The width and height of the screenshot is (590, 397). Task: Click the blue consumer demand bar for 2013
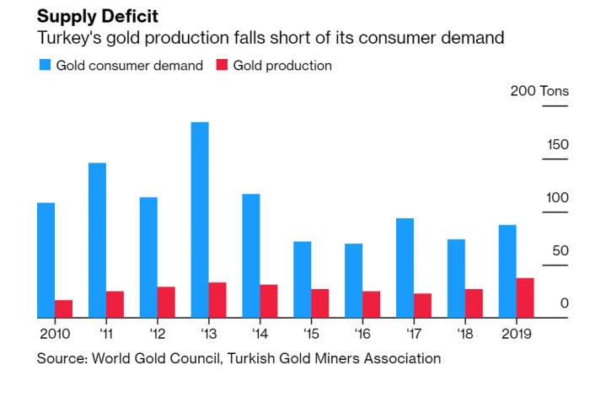tap(200, 220)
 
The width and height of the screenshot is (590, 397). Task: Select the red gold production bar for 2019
tap(525, 298)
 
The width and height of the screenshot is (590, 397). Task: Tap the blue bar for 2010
tap(46, 260)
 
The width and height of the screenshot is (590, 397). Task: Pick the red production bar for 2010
tap(64, 308)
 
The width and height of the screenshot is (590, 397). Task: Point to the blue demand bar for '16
tap(354, 281)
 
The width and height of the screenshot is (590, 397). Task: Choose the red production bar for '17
tap(422, 305)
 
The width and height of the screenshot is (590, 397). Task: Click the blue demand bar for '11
tap(97, 240)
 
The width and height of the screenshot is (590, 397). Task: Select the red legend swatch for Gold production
tap(222, 65)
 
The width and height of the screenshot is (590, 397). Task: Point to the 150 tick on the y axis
tap(556, 144)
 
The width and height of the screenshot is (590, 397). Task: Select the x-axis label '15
tap(311, 333)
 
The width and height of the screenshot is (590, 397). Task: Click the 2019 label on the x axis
tap(515, 333)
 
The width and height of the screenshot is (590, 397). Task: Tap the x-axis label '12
tap(158, 333)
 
